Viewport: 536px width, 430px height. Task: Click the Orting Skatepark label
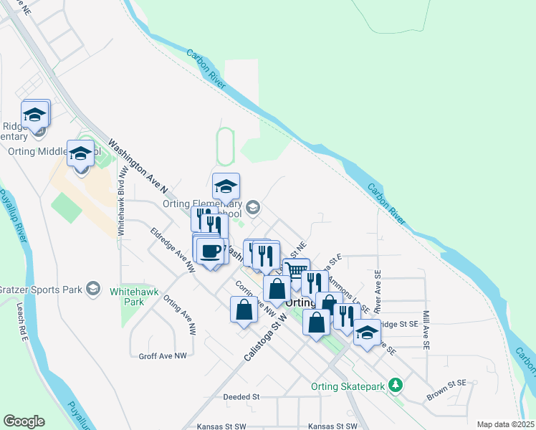[x=348, y=387]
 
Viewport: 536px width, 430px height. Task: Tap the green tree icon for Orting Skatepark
[x=394, y=386]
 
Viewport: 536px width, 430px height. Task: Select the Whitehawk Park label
[x=127, y=297]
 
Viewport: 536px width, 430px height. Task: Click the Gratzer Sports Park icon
[x=92, y=288]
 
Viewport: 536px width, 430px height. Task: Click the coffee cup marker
[x=211, y=252]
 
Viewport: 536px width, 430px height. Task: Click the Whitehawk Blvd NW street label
[x=122, y=208]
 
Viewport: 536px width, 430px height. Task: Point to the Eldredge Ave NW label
[x=173, y=249]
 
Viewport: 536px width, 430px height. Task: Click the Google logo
[x=24, y=421]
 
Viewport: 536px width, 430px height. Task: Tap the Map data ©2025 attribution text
[x=505, y=424]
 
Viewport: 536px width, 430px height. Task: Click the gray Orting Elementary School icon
[x=252, y=208]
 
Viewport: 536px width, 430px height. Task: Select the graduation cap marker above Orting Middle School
[x=81, y=153]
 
